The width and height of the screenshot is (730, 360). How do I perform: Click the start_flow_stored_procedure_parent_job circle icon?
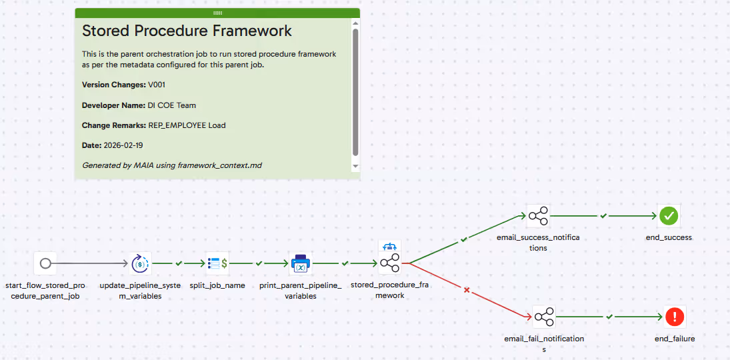[45, 263]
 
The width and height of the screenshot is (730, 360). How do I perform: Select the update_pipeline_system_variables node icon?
[140, 263]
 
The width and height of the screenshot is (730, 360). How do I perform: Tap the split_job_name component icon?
[218, 263]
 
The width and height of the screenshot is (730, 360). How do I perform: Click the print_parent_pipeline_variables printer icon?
[301, 264]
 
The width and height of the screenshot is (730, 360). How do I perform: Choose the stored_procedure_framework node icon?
[389, 263]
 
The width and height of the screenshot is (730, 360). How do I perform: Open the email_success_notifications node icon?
[537, 215]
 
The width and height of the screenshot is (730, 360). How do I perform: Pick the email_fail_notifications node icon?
[544, 317]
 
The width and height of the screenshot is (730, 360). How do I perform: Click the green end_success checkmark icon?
[669, 215]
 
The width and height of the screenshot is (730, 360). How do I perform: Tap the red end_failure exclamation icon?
[675, 317]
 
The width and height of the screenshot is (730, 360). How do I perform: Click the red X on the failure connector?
[467, 290]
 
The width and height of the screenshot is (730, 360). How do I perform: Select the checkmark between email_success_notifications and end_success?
[603, 215]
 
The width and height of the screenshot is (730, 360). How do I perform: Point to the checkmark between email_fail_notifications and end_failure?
[609, 317]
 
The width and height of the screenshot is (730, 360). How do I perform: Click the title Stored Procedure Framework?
[187, 31]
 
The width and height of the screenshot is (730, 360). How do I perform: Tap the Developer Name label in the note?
[111, 105]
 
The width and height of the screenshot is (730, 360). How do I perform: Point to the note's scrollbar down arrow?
[355, 165]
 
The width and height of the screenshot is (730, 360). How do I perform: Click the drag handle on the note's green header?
[217, 13]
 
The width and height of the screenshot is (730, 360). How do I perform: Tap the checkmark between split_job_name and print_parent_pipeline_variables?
[259, 263]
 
